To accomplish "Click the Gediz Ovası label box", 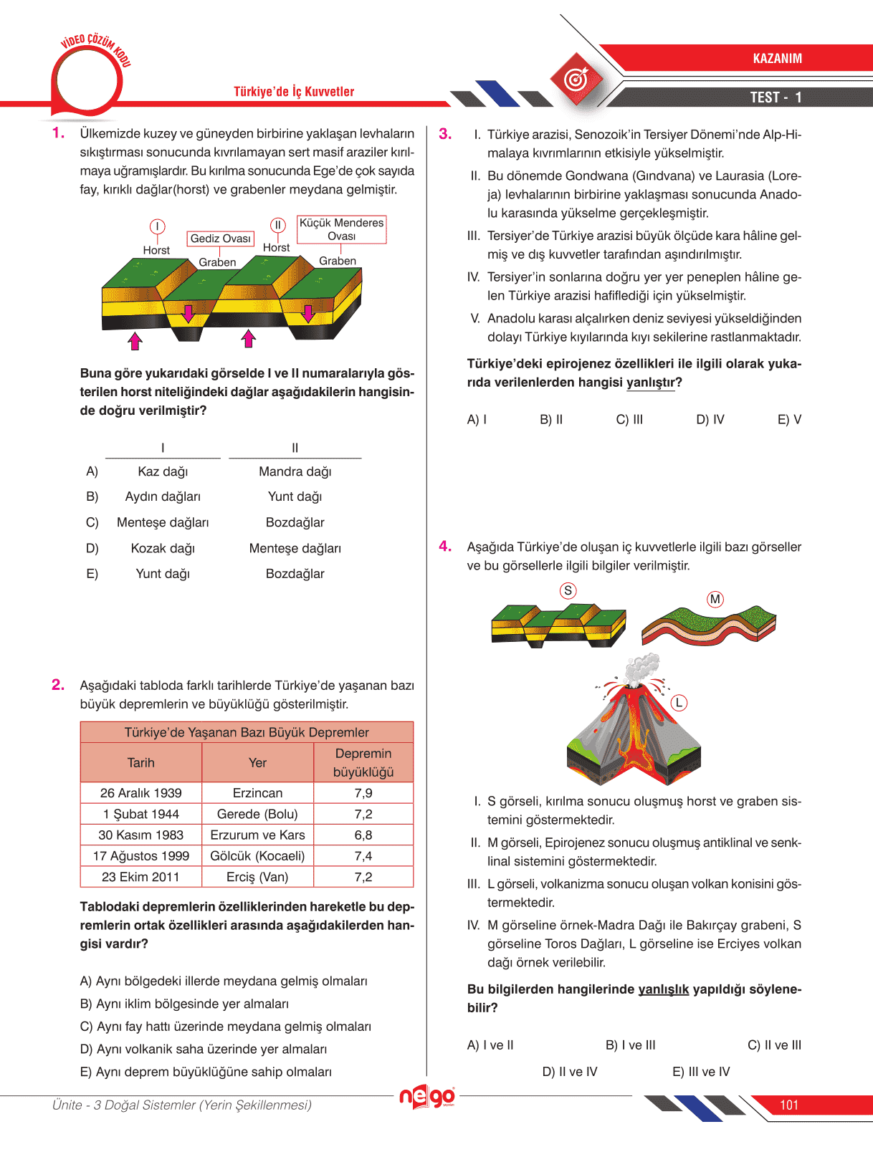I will (x=221, y=239).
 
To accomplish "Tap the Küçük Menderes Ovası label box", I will (x=342, y=229).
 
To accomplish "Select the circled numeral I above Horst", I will (x=157, y=227).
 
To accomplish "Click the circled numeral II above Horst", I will (x=277, y=225).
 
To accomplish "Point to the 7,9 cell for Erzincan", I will (x=363, y=793).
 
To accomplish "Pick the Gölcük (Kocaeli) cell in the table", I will (x=257, y=856).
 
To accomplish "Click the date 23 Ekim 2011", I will (x=140, y=877).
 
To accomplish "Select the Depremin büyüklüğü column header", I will (x=363, y=763).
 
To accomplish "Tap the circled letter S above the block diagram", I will (x=568, y=590).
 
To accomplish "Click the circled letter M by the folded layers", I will (x=715, y=599).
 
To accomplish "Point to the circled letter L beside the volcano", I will (x=678, y=703).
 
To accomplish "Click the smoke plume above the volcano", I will (x=641, y=668).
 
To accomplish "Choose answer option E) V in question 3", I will (x=789, y=420).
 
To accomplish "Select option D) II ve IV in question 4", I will (x=569, y=1072).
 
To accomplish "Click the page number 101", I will (x=789, y=1105).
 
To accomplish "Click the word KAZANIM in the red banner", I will (x=777, y=59).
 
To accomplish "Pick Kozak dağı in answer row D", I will (x=163, y=549).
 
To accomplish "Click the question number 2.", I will (x=58, y=685).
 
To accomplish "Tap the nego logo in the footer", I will (x=426, y=1097).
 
